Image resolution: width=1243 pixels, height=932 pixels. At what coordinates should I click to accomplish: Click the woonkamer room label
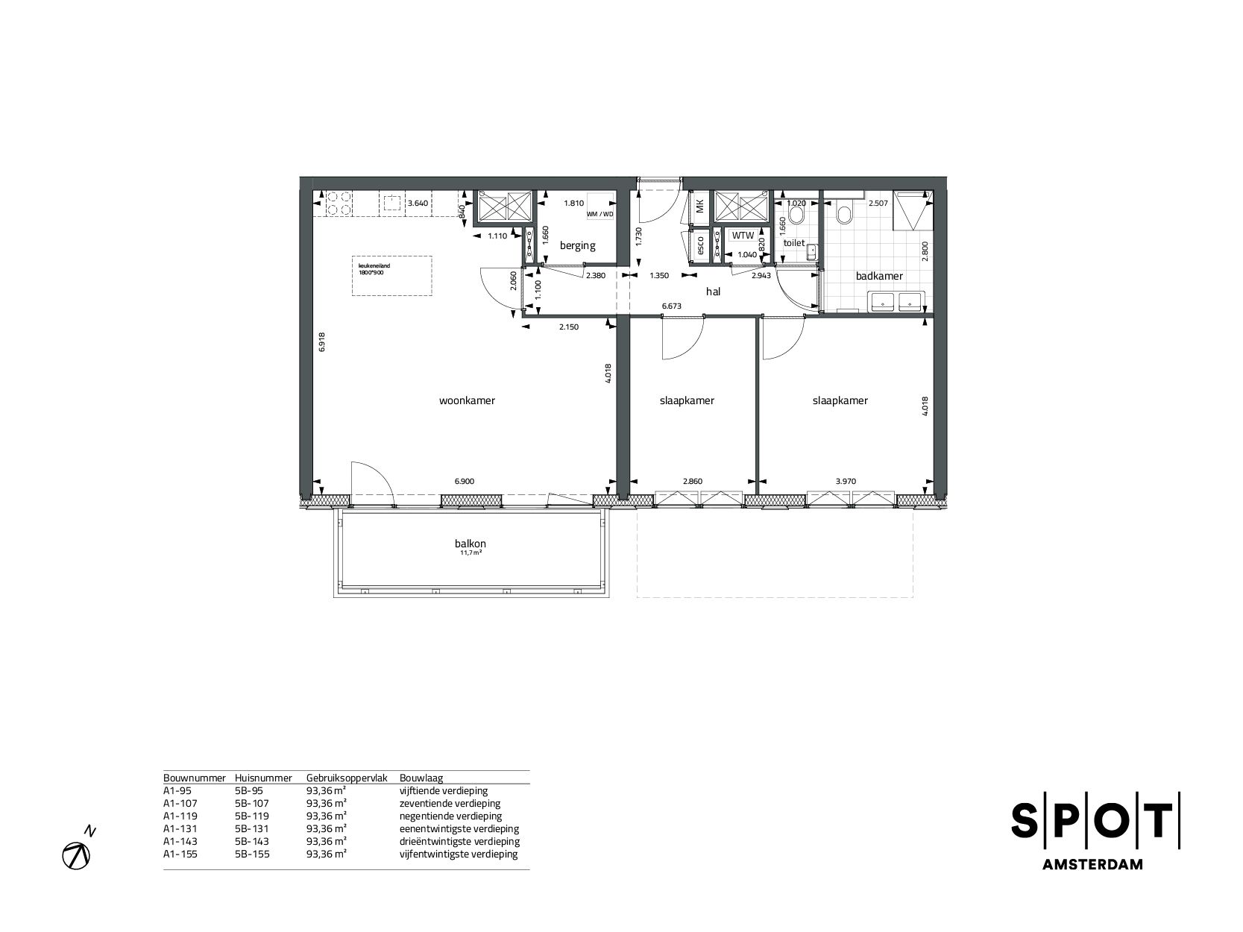(x=467, y=400)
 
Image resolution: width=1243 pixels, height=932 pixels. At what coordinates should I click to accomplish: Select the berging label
(x=578, y=245)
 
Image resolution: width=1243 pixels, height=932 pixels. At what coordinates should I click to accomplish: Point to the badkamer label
(x=879, y=276)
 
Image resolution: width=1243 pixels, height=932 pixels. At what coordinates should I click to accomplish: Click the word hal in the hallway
(x=713, y=292)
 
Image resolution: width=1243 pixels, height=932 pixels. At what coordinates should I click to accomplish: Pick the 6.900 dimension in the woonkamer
(x=464, y=482)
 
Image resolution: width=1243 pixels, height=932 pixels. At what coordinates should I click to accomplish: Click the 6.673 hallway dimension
(x=673, y=306)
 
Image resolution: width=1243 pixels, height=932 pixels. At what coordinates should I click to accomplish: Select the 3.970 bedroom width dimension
(x=845, y=482)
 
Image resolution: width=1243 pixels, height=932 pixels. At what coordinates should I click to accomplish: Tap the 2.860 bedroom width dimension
(x=692, y=482)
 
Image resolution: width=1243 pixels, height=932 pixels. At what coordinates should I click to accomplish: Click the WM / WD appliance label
(x=600, y=215)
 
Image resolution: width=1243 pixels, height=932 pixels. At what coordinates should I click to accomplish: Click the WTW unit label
(x=743, y=236)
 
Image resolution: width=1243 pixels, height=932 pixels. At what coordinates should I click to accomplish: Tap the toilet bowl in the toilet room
(x=796, y=215)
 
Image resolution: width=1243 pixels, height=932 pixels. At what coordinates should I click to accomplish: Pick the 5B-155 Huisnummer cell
(x=251, y=854)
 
